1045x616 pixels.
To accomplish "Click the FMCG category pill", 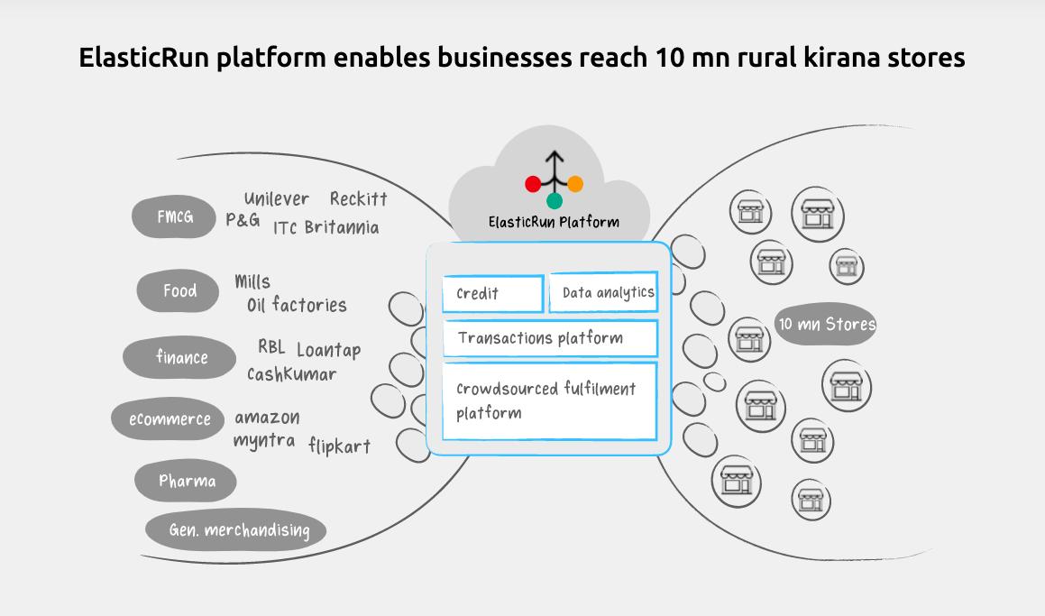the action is pyautogui.click(x=174, y=216).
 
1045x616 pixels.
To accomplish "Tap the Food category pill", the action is pyautogui.click(x=178, y=290).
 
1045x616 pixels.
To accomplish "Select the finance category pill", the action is pyautogui.click(x=179, y=357).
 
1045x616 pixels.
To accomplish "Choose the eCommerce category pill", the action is pyautogui.click(x=168, y=419).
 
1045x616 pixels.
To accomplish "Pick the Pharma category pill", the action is pyautogui.click(x=185, y=480).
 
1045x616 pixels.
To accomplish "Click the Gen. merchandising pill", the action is pyautogui.click(x=236, y=530).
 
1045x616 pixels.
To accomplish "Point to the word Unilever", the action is pyautogui.click(x=277, y=198).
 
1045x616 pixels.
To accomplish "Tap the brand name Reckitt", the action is pyautogui.click(x=359, y=198).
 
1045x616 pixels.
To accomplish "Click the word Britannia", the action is pyautogui.click(x=342, y=227).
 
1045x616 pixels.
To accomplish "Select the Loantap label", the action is pyautogui.click(x=328, y=350).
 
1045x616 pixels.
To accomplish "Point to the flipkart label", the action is pyautogui.click(x=339, y=446).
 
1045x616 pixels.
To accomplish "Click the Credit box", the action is pyautogui.click(x=493, y=294).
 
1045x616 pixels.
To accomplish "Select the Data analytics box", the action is pyautogui.click(x=604, y=292).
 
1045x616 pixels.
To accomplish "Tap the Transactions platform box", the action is pyautogui.click(x=551, y=338).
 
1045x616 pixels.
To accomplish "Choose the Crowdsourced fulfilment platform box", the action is pyautogui.click(x=550, y=401).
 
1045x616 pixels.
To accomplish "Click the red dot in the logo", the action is pyautogui.click(x=533, y=184).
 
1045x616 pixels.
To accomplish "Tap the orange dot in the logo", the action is pyautogui.click(x=575, y=183).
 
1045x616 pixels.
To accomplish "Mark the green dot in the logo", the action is pyautogui.click(x=554, y=200).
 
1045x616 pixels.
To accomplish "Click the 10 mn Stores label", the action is pyautogui.click(x=827, y=325).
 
